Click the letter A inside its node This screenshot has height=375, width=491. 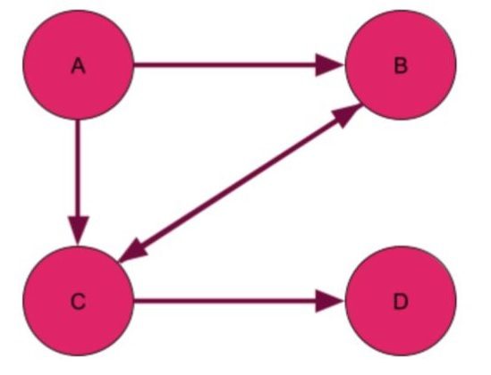coord(78,66)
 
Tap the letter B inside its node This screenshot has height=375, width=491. coord(401,66)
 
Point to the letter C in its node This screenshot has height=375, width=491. coord(78,302)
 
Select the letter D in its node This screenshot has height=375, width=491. coord(401,302)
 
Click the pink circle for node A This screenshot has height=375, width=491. coord(79,65)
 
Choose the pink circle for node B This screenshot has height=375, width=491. coord(401,65)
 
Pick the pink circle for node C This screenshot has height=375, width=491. coord(79,301)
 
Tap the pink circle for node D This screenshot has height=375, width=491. coord(401,301)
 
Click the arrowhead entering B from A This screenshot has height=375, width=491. coord(329,65)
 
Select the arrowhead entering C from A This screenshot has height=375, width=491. coord(78,230)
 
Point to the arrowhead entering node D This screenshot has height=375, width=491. coord(329,301)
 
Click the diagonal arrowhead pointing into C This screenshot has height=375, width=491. coord(132,251)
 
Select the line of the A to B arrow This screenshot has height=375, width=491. coord(224,65)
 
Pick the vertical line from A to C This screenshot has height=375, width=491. coord(78,168)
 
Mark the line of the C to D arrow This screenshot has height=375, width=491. coord(224,301)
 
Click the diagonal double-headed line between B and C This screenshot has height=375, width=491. coord(241,183)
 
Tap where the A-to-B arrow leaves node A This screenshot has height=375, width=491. coord(134,65)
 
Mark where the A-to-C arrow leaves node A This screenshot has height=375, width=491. coord(78,120)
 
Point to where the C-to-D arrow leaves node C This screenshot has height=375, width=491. coord(134,301)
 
